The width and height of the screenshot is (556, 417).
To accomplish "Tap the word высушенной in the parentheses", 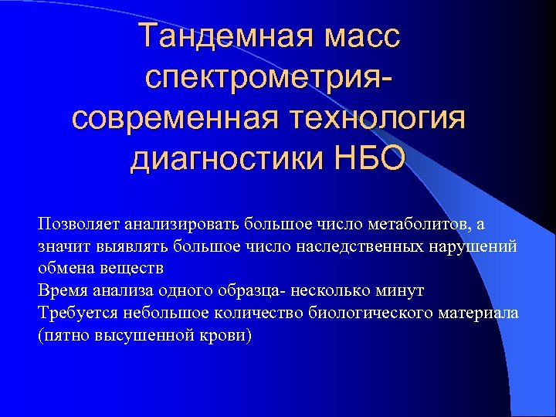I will click(145, 336).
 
